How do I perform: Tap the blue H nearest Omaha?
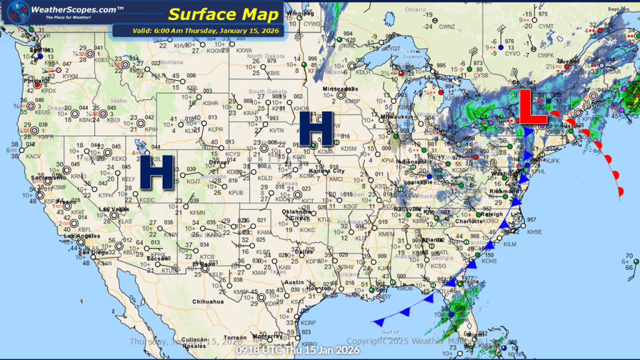click(316, 129)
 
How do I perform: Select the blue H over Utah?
click(155, 172)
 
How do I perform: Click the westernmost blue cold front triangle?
click(379, 321)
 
